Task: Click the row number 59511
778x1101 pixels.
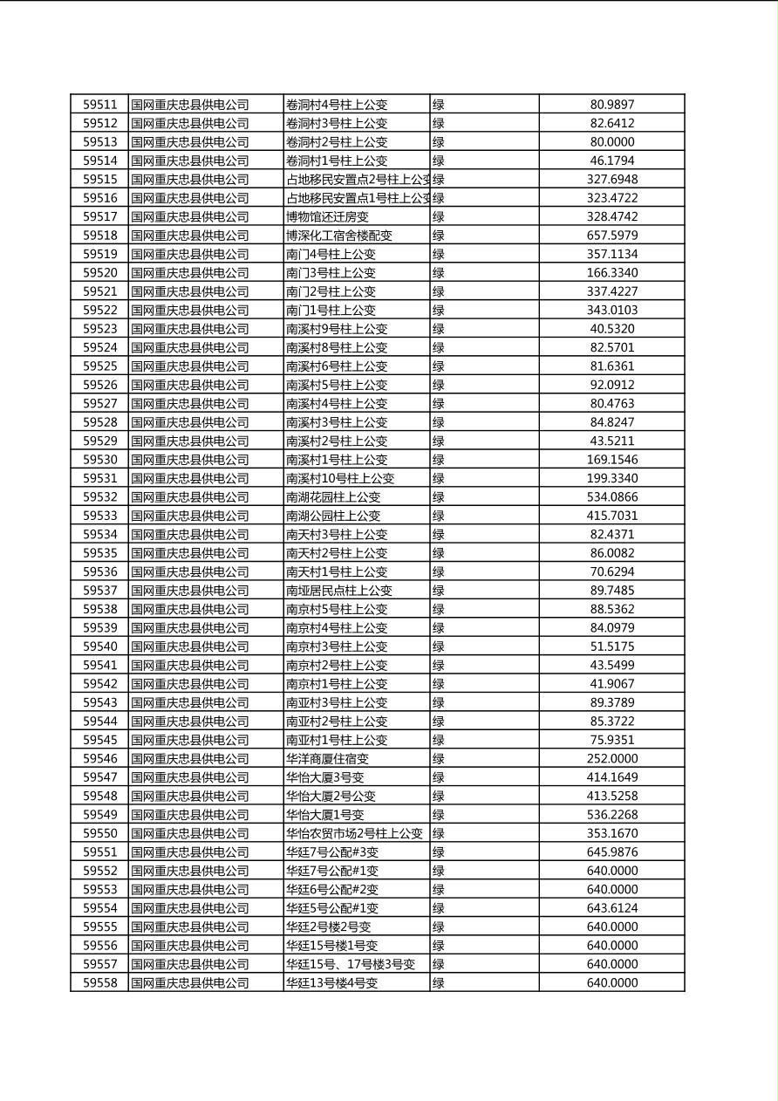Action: click(x=99, y=105)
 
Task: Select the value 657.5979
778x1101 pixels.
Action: click(x=612, y=236)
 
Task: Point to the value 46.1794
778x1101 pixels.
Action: click(x=612, y=161)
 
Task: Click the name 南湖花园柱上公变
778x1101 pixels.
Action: click(x=333, y=497)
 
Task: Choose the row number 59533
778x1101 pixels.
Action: click(x=99, y=516)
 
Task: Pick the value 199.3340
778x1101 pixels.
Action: click(x=612, y=478)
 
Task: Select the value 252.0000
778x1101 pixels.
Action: click(x=612, y=759)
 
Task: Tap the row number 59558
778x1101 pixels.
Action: click(x=99, y=983)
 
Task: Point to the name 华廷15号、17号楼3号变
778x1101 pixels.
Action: click(x=351, y=964)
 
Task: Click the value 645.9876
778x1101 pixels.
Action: click(x=612, y=852)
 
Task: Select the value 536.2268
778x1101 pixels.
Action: click(x=612, y=815)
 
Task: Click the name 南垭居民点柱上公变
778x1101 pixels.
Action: click(x=339, y=591)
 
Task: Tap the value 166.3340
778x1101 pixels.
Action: click(x=612, y=273)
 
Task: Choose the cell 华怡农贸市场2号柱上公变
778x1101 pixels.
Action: click(x=354, y=833)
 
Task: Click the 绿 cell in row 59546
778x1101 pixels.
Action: click(x=439, y=759)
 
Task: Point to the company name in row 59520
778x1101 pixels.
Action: click(x=190, y=273)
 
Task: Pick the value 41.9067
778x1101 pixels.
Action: click(x=612, y=684)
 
